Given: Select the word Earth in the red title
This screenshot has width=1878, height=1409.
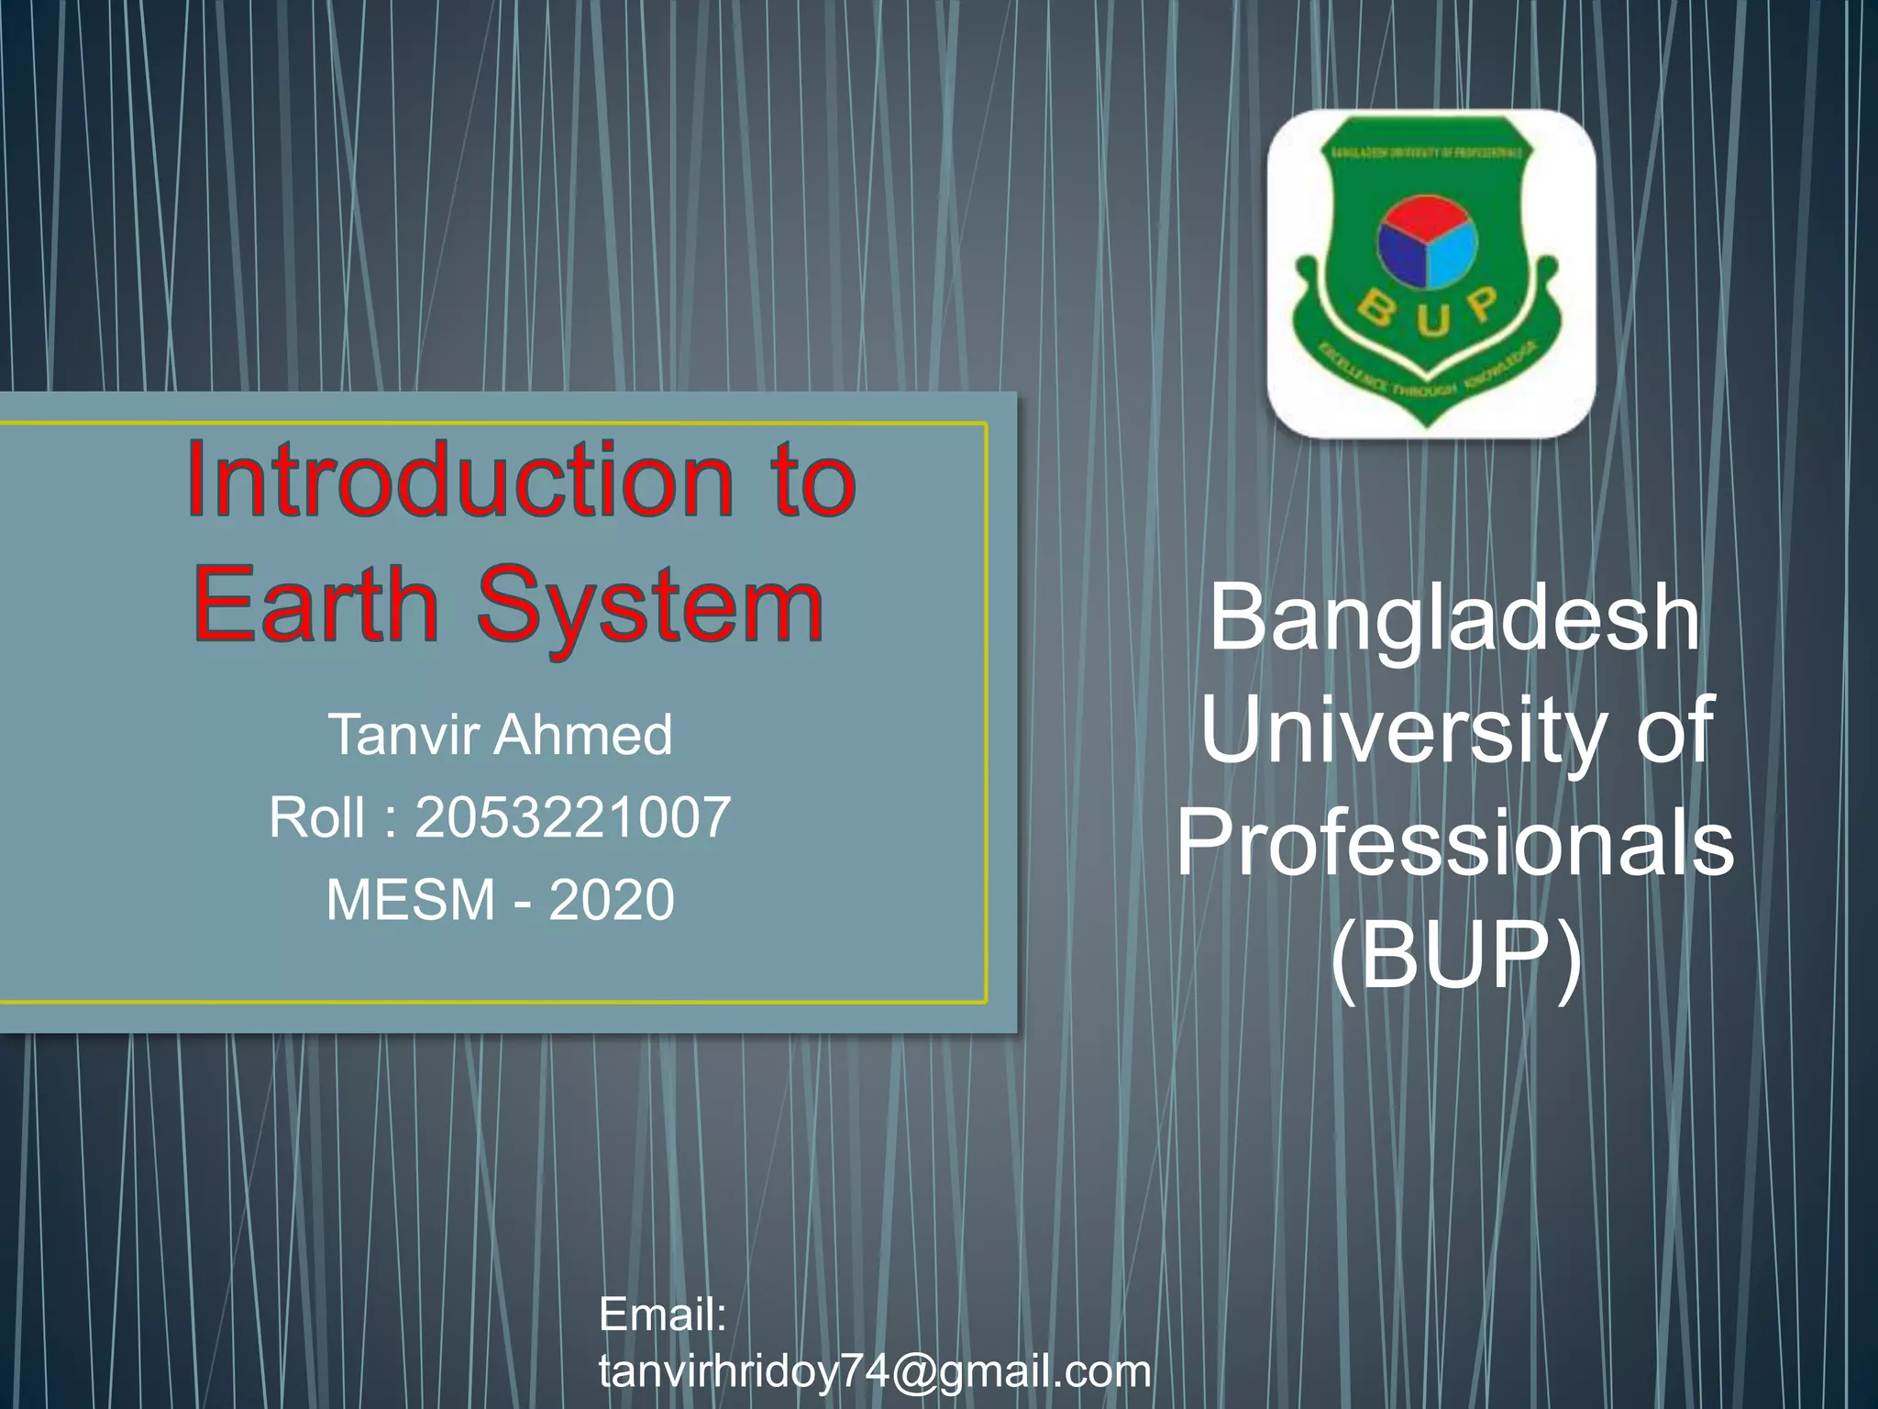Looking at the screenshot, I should tap(316, 605).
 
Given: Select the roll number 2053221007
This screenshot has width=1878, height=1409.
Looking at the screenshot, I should tap(573, 816).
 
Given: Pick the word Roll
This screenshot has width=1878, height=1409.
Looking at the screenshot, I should tap(316, 816).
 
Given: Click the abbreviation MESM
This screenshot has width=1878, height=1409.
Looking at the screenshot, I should tap(411, 899).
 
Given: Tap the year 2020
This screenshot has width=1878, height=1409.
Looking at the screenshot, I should tap(612, 899).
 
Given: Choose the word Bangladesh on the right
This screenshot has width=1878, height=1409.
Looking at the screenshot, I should tap(1454, 619).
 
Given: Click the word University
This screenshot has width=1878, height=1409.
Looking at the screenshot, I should tap(1403, 731).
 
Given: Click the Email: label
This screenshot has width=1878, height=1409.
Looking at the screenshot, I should tap(663, 1315).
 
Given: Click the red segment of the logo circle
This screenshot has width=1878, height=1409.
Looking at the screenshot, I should tap(1427, 216).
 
